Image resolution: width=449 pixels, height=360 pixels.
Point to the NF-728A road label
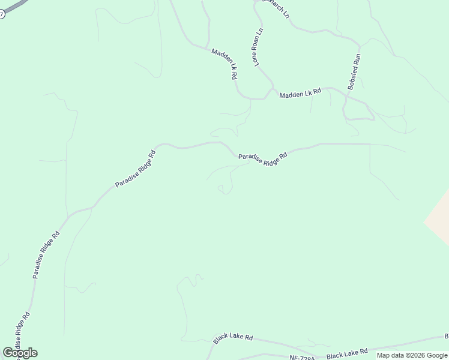(301, 357)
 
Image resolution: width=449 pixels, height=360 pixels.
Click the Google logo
(20, 353)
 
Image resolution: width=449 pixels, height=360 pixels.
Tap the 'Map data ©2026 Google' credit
(412, 355)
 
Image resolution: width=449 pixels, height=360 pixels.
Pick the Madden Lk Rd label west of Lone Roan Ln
(225, 64)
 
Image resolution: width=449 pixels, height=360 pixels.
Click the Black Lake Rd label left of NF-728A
(233, 339)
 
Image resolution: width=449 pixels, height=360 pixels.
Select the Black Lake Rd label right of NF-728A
(347, 352)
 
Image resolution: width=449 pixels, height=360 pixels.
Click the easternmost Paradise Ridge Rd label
(263, 158)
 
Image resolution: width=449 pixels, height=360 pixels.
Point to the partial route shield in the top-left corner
(2, 13)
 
